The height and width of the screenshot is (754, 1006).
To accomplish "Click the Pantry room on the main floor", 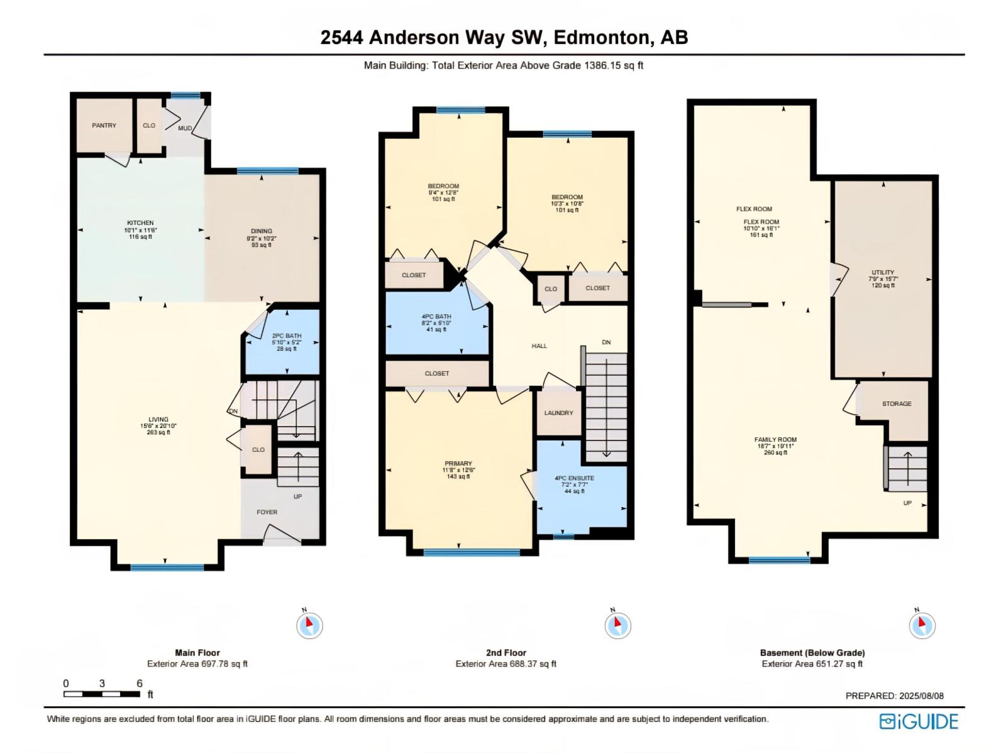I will click(x=104, y=126).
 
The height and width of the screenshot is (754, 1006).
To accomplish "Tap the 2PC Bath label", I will click(x=286, y=336).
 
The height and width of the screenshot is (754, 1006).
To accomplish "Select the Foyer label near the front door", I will click(x=267, y=512).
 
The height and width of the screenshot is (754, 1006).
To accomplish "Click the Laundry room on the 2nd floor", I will click(x=558, y=413).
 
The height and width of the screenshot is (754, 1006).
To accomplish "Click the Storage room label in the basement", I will click(x=896, y=404).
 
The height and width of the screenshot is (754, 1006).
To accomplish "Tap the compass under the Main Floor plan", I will click(x=309, y=625).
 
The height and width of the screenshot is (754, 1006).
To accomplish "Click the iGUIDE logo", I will click(x=919, y=721).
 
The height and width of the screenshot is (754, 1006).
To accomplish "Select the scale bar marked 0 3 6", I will click(x=102, y=694).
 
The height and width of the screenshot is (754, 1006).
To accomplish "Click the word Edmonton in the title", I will click(x=602, y=37).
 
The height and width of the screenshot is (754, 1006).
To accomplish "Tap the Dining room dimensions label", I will click(x=262, y=239).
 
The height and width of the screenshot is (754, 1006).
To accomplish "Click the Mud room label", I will click(x=185, y=128).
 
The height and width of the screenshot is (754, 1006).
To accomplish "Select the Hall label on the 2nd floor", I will click(x=539, y=346).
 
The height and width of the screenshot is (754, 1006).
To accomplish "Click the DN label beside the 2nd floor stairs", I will click(x=605, y=342).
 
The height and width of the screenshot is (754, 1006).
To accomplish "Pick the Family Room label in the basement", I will click(x=775, y=440).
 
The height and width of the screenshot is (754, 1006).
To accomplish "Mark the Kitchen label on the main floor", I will click(x=140, y=223).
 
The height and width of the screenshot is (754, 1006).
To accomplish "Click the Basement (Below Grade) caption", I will click(x=812, y=653).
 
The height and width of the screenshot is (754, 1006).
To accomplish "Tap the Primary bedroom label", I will click(x=458, y=464).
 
